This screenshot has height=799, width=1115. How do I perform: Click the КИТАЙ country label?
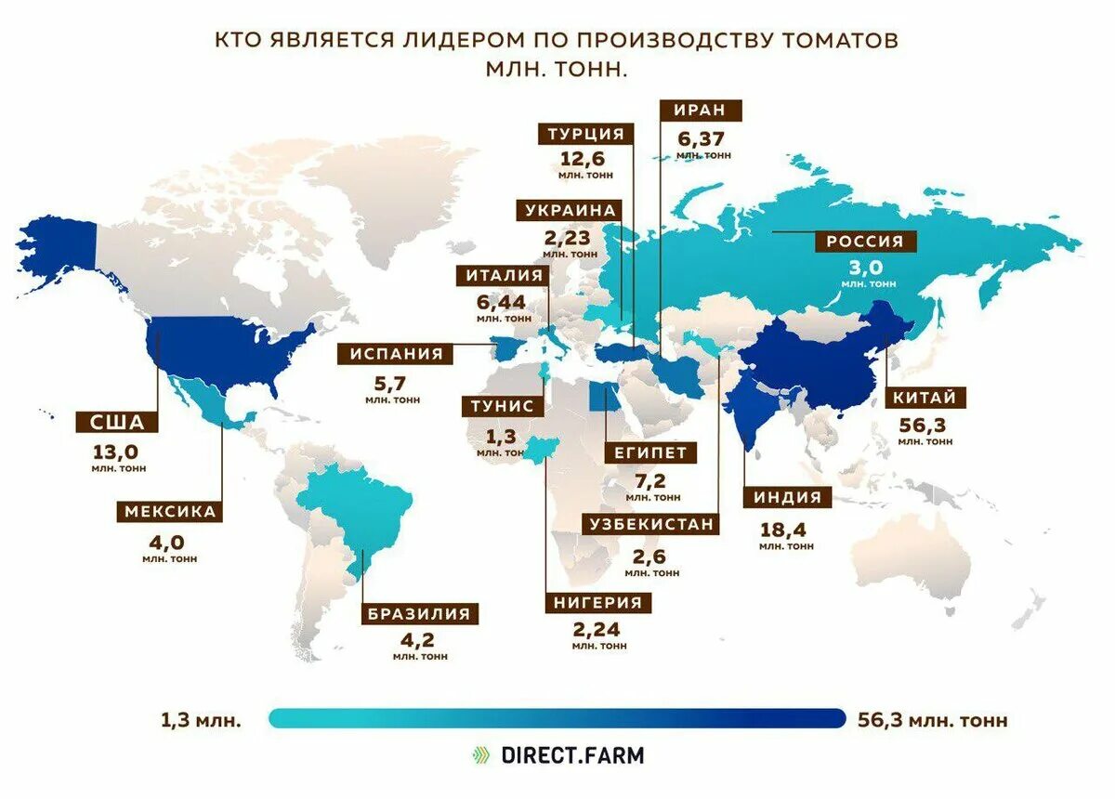click(x=925, y=399)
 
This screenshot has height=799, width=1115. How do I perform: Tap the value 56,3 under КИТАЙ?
click(x=925, y=425)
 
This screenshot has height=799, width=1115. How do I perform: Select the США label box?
click(x=117, y=424)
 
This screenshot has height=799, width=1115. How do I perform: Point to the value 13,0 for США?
click(x=117, y=452)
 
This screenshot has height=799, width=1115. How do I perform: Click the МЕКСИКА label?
click(x=170, y=512)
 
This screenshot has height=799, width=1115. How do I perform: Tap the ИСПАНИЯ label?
click(x=396, y=354)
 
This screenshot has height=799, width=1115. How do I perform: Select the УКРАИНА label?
click(x=571, y=211)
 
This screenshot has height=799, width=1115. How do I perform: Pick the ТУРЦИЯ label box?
click(x=585, y=133)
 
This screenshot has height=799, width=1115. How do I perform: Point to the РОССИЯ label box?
click(x=865, y=242)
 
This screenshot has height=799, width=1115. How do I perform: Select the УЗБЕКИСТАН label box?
click(x=652, y=524)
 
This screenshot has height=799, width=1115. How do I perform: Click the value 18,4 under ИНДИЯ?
click(x=785, y=530)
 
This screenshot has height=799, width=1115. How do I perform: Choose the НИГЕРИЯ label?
click(x=598, y=602)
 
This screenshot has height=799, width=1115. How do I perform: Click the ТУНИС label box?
click(x=502, y=406)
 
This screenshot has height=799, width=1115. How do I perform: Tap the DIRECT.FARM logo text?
click(x=571, y=754)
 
